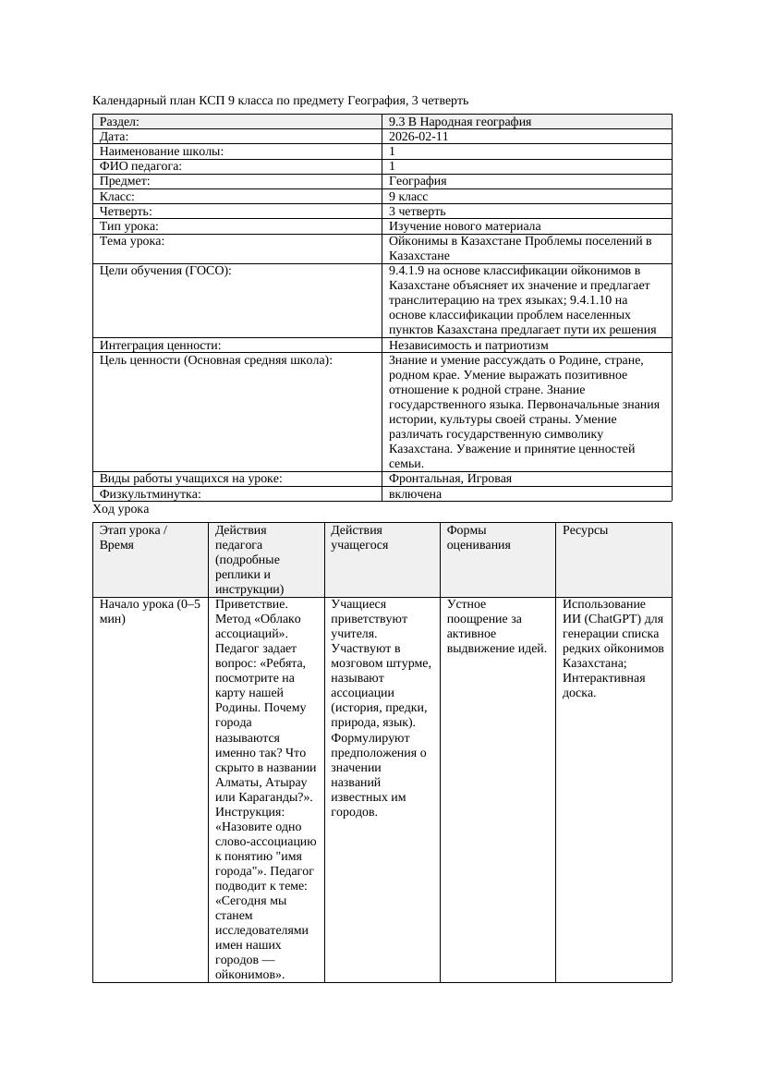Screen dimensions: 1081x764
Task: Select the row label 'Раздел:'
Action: pos(119,121)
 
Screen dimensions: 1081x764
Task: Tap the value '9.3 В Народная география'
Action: pos(459,121)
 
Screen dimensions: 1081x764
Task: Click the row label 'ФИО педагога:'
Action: pos(140,166)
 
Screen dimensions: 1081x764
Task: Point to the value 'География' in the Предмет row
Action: pos(418,181)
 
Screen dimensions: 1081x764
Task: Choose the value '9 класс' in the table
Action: pos(408,196)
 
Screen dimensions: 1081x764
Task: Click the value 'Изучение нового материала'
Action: pos(465,225)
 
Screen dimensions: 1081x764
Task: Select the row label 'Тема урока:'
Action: pos(132,241)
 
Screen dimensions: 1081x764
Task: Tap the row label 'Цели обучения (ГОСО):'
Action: pos(164,271)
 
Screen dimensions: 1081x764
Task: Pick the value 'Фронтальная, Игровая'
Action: pos(450,479)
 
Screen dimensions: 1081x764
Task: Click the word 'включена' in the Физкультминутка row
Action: pos(415,493)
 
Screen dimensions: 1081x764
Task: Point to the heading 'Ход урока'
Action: pos(120,509)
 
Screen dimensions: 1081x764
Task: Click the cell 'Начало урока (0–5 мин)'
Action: pos(149,612)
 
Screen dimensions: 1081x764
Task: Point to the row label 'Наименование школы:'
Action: pos(162,151)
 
